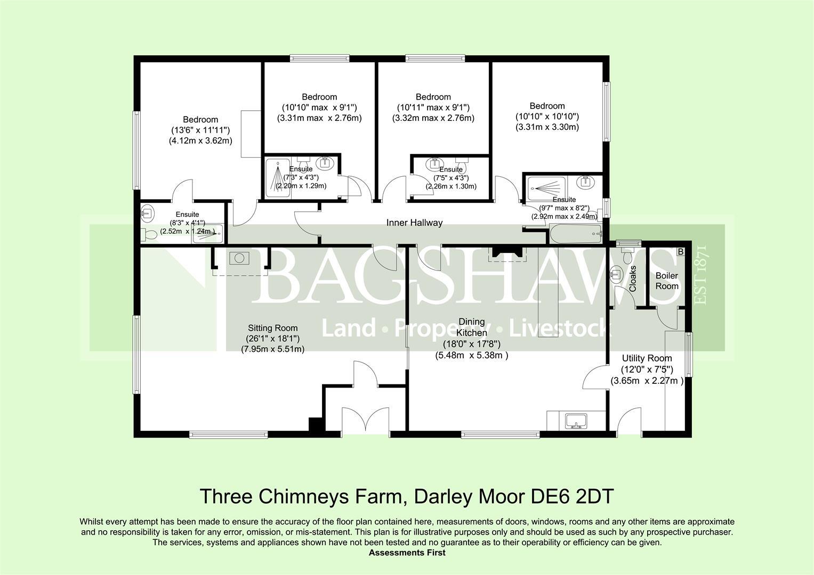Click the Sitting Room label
click(272, 328)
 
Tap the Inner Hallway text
click(414, 223)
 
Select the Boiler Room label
click(667, 281)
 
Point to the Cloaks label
click(633, 278)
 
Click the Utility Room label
click(647, 358)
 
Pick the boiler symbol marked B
click(681, 252)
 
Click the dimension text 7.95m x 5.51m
click(273, 349)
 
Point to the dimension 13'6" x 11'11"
click(200, 130)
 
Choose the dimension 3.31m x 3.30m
click(547, 127)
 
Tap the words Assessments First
click(407, 553)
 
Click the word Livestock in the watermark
click(558, 328)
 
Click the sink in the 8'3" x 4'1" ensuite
click(147, 212)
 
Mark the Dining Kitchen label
click(472, 327)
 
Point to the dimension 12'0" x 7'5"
click(647, 369)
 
